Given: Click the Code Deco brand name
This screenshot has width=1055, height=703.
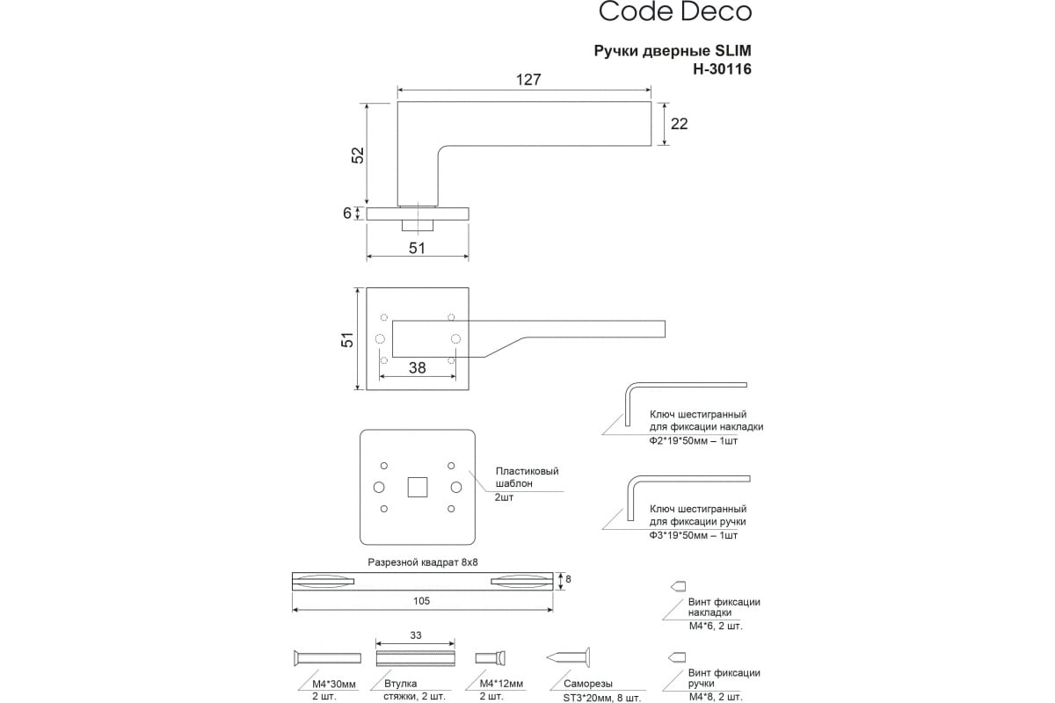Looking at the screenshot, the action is (675, 11).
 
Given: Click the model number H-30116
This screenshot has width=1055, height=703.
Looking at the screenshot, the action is (722, 69).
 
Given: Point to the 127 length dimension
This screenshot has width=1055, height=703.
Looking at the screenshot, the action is (528, 80).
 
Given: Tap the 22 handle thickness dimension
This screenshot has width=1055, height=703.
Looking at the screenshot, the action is (679, 124).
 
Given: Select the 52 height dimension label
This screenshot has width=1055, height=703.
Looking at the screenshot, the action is (359, 156).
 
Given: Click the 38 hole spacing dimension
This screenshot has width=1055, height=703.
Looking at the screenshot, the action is (418, 367).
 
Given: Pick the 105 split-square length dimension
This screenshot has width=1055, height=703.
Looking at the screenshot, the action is (421, 601).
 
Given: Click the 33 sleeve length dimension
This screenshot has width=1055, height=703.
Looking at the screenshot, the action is (415, 635).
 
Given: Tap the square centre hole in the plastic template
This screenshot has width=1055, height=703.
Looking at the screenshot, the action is (418, 487).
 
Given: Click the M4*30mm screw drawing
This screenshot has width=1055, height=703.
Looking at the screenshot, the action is (327, 658).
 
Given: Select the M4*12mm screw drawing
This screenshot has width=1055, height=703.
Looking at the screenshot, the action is (491, 657).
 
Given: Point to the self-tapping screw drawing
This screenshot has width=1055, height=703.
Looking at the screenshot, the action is (568, 657).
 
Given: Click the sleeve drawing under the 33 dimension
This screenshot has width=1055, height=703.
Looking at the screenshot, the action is (415, 658).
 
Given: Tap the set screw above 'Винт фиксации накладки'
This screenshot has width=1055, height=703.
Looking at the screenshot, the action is (678, 586).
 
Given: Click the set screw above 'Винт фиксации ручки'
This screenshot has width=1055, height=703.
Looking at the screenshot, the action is (677, 656).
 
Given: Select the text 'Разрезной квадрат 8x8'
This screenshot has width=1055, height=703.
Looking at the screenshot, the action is (423, 562).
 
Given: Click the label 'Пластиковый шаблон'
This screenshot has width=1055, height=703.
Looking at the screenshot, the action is (527, 477).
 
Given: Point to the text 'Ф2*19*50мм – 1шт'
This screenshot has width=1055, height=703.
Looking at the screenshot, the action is (694, 441).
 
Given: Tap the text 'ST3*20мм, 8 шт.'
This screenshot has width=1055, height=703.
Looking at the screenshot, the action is (602, 698).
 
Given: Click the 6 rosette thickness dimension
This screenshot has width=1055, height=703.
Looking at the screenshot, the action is (347, 214).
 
